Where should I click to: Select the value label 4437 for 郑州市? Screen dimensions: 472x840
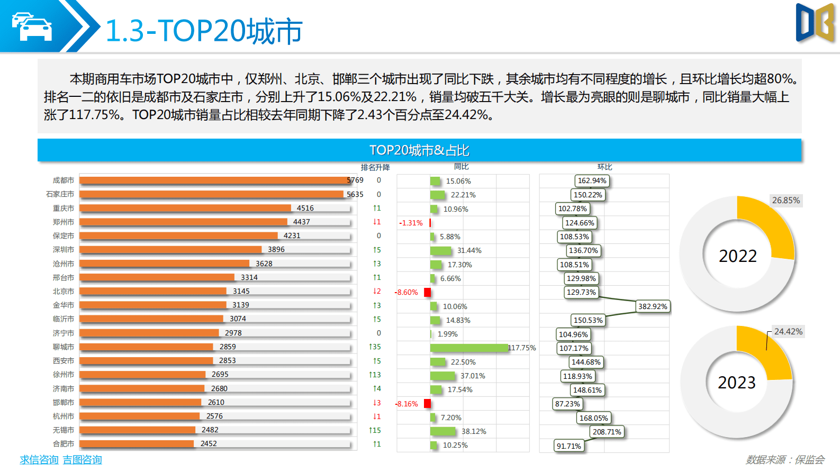[x=301, y=222]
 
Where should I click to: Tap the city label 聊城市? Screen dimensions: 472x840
[x=63, y=347]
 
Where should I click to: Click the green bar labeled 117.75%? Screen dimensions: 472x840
[x=468, y=348]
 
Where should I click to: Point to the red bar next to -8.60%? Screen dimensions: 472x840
[x=427, y=292]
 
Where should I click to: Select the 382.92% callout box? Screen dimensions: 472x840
[x=653, y=306]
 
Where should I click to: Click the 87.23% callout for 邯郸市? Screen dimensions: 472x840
[x=567, y=404]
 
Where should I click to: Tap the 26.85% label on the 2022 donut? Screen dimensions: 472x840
[x=785, y=201]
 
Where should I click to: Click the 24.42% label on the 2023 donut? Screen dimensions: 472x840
[x=788, y=332]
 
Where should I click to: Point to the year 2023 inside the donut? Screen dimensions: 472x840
[x=736, y=383]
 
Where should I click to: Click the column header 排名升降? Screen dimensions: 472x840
[x=375, y=167]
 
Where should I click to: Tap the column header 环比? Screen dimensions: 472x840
[x=604, y=167]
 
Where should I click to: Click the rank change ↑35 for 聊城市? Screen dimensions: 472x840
[x=375, y=347]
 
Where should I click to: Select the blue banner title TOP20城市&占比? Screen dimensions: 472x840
[x=419, y=150]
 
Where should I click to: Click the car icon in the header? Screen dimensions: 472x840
[x=32, y=26]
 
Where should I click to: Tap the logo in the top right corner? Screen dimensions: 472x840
[x=815, y=23]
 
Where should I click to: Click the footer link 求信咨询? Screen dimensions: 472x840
[x=39, y=460]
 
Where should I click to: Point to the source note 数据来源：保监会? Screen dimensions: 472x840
[x=785, y=460]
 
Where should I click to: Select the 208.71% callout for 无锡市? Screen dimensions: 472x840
[x=607, y=432]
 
